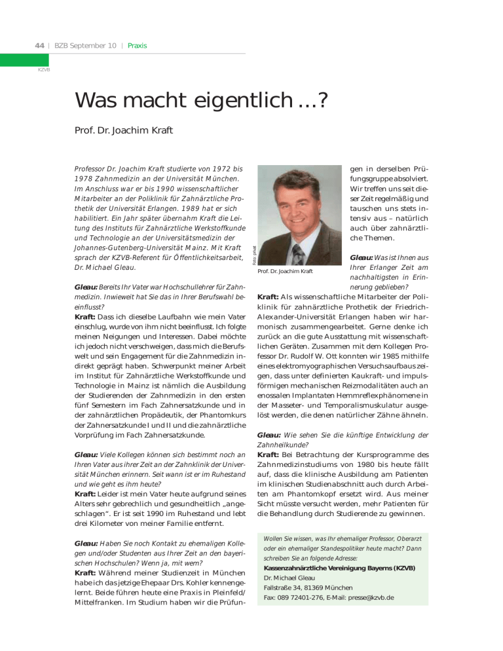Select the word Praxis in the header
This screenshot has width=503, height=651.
tap(138, 46)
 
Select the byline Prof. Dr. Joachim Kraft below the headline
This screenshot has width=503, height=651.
tap(124, 130)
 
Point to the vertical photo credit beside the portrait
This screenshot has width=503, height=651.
tap(252, 253)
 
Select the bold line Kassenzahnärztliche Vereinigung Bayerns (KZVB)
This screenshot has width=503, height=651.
tap(339, 567)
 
